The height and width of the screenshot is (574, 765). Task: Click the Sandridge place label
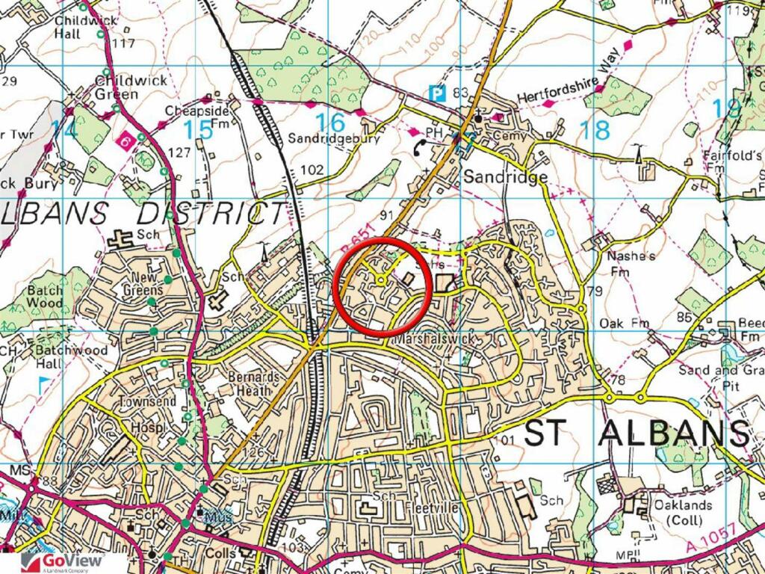[506, 177]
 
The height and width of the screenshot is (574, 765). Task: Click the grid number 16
[330, 122]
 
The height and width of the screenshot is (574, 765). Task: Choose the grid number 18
[595, 130]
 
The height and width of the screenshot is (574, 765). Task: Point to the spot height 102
[312, 170]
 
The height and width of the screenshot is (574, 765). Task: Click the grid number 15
[198, 130]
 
